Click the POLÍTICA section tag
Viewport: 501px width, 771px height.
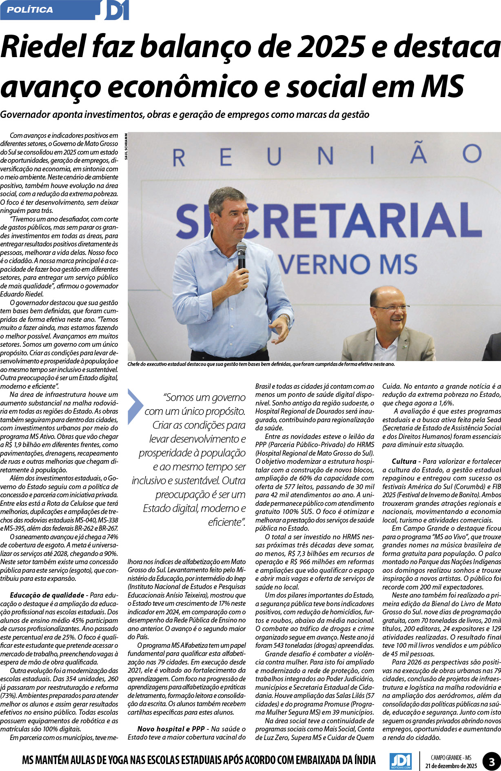pyautogui.click(x=30, y=10)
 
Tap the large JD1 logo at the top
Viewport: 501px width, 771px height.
pyautogui.click(x=116, y=10)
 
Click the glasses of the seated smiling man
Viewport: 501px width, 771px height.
pyautogui.click(x=391, y=307)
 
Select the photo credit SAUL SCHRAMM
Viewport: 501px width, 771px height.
pyautogui.click(x=126, y=146)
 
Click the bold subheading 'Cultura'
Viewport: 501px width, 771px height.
pyautogui.click(x=404, y=461)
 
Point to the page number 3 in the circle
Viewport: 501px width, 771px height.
pyautogui.click(x=492, y=758)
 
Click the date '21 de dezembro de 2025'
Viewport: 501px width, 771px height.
pyautogui.click(x=451, y=762)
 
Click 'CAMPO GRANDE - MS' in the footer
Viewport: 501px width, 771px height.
pyautogui.click(x=451, y=754)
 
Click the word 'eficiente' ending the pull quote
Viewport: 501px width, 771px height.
pyautogui.click(x=225, y=522)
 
